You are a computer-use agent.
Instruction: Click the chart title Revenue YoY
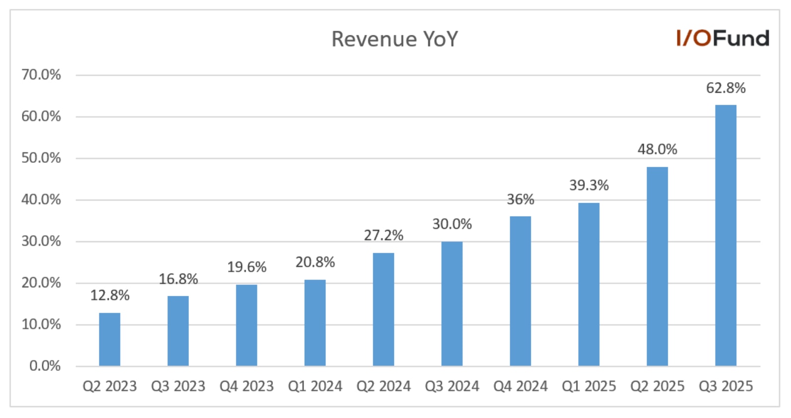point(395,39)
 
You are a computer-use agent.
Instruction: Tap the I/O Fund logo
point(722,38)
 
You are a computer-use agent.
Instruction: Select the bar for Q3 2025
point(725,235)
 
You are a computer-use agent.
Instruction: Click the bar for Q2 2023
point(109,340)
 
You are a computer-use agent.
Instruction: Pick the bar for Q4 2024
point(520,291)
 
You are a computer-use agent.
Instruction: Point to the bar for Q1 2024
point(315,323)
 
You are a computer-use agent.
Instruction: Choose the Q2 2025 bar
point(657,266)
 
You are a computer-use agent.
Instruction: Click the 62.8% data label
point(725,88)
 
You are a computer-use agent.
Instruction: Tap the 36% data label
point(520,200)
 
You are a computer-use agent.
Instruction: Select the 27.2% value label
point(383,235)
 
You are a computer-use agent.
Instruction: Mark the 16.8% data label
point(178,279)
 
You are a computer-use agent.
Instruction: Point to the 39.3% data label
point(589,186)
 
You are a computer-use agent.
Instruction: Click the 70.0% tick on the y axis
point(41,75)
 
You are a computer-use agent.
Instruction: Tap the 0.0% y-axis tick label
point(45,366)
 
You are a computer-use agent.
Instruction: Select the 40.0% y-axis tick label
point(41,200)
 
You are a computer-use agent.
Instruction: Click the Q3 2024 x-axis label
point(452,386)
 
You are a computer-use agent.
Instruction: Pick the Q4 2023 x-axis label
point(246,386)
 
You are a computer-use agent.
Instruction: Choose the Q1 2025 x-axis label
point(589,386)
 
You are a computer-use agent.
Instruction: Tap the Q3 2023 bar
point(178,331)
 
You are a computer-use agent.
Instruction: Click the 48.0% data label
point(657,149)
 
